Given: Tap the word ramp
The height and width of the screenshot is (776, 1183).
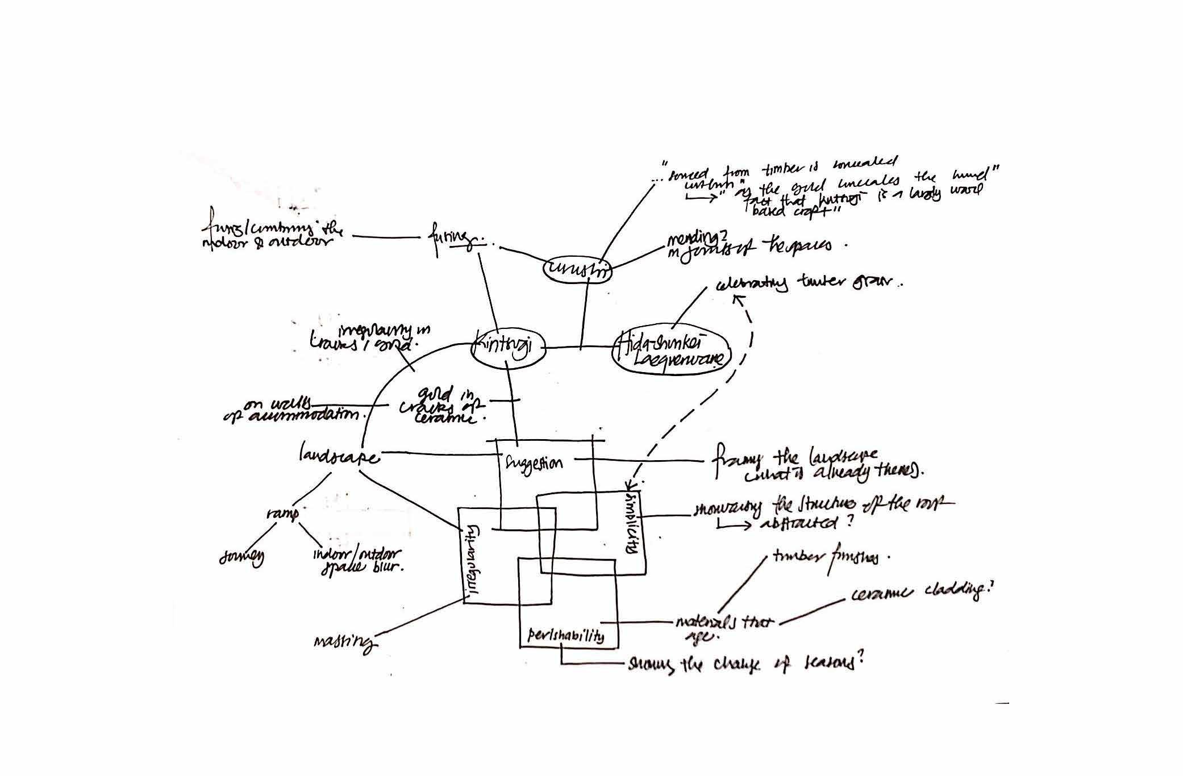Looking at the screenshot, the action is click(282, 515).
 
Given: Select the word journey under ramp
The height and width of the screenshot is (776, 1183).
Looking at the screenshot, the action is click(241, 558).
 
